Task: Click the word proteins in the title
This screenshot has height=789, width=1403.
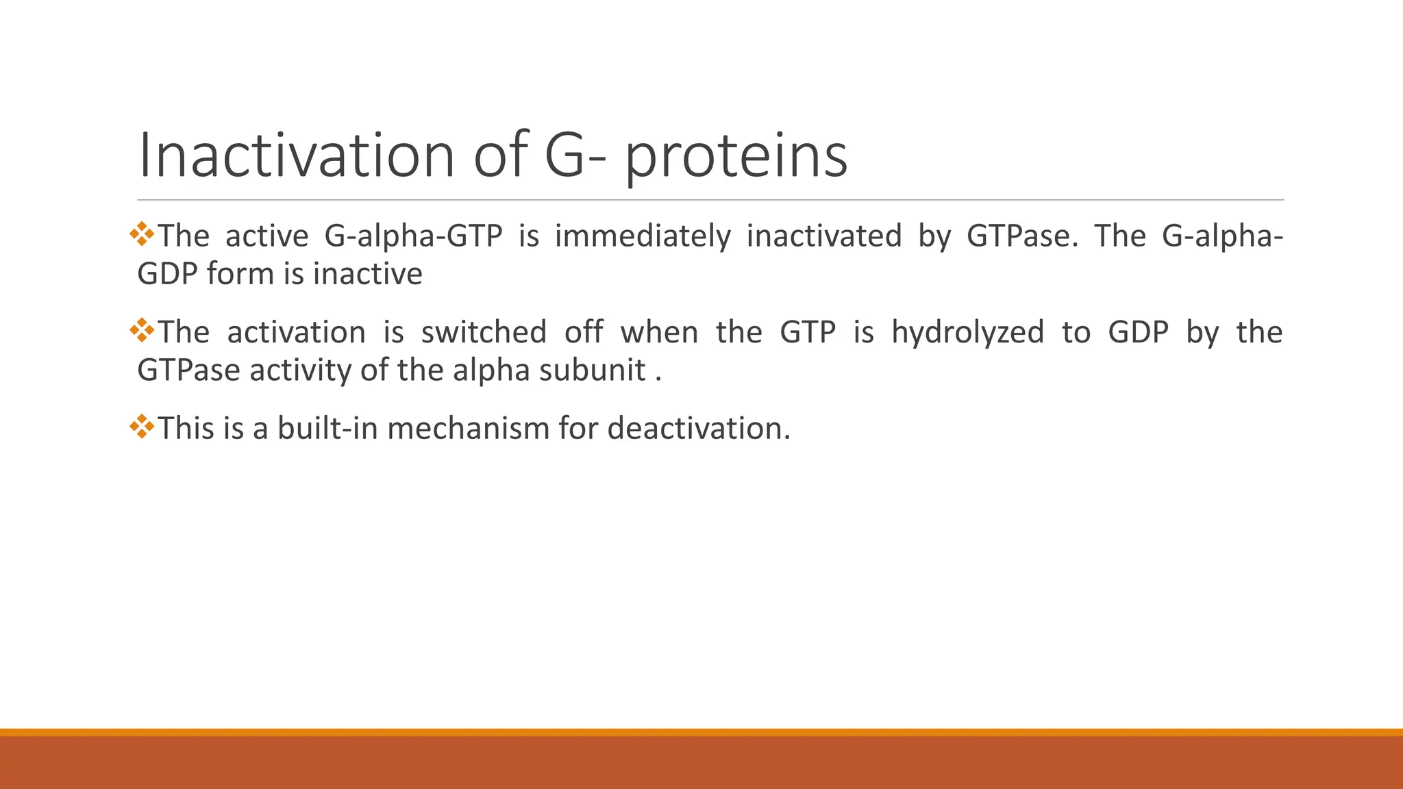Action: tap(736, 158)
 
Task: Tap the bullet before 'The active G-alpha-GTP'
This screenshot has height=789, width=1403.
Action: tap(142, 234)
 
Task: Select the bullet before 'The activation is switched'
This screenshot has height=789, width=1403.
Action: tap(142, 330)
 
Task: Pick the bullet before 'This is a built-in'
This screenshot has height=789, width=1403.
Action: tap(142, 426)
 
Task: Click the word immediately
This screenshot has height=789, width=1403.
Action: tap(642, 237)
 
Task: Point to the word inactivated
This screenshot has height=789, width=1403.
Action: tap(823, 236)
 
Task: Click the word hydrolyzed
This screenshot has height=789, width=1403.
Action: tap(967, 333)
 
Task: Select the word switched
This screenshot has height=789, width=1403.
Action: tap(484, 332)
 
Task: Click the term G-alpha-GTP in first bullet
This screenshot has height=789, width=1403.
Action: tap(413, 237)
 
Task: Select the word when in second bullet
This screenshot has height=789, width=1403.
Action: tap(659, 332)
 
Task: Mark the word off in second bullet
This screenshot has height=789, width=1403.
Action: tap(584, 332)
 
